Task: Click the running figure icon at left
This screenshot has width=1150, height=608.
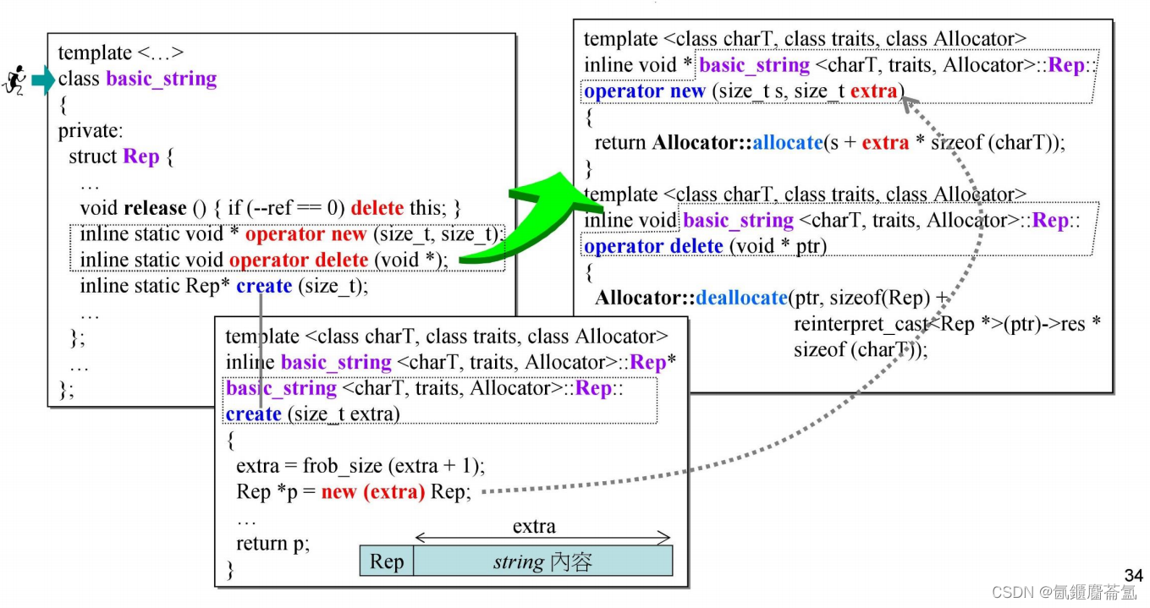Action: pos(14,80)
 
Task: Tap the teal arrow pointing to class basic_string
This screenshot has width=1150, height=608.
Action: pos(42,80)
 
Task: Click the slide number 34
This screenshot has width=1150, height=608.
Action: pos(1133,576)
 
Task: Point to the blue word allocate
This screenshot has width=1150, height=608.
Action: pos(787,143)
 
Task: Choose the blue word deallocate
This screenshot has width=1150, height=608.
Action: pos(742,298)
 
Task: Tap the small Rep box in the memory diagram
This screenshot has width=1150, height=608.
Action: pos(387,561)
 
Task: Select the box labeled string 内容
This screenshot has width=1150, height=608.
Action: pos(542,561)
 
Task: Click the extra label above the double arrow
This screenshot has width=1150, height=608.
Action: pos(534,527)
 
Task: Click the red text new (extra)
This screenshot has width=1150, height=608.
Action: pos(372,492)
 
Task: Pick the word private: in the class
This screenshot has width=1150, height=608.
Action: pos(91,131)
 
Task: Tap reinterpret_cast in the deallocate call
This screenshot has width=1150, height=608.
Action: pos(859,324)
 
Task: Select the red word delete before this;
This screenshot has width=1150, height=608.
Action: pos(377,208)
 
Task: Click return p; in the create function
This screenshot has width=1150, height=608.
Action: pos(272,544)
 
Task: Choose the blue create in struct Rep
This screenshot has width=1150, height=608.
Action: pos(264,286)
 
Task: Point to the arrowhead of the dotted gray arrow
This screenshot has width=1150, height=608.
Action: pos(906,102)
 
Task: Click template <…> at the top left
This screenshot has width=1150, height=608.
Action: pos(120,53)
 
